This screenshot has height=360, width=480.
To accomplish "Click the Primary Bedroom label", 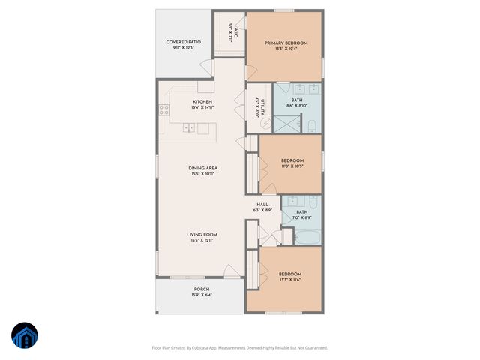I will coord(286,43).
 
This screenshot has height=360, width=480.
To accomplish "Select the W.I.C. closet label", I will coord(233,31).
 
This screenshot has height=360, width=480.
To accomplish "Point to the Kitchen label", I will coord(202,101).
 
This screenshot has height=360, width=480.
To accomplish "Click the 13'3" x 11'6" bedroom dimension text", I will coord(290,280).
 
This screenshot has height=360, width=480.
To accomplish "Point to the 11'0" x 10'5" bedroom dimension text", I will coord(292,166).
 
